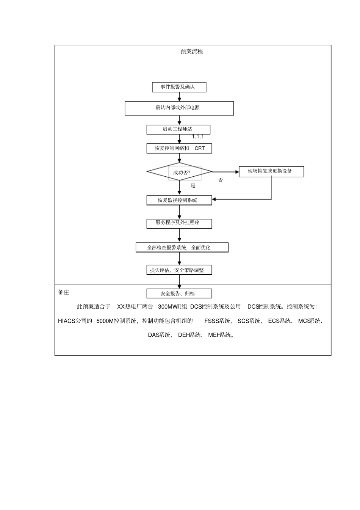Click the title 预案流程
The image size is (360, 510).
coord(192,52)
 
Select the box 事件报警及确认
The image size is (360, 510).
coord(179,87)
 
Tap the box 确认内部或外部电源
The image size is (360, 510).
coord(179,108)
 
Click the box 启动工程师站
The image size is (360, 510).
coord(178,129)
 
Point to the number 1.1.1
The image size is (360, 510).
coord(197,137)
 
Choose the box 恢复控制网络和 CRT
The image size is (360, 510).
coord(179,148)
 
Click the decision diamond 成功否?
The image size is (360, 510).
coord(180,172)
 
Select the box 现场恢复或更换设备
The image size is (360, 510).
coord(271,171)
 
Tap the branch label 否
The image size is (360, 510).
coord(221,180)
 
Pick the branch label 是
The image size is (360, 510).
coord(193,185)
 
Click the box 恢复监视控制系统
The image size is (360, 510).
coord(179,200)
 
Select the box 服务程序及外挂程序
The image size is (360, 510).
coord(179,223)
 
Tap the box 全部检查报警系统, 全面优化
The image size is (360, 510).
coord(182,248)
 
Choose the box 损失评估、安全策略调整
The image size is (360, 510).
coord(179,270)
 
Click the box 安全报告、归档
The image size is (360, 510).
coord(179,293)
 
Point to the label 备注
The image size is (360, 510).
coord(63,292)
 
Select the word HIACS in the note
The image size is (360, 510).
coord(67,321)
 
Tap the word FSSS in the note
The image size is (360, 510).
coord(211,321)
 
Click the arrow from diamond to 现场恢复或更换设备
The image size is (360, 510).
coord(225,172)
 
